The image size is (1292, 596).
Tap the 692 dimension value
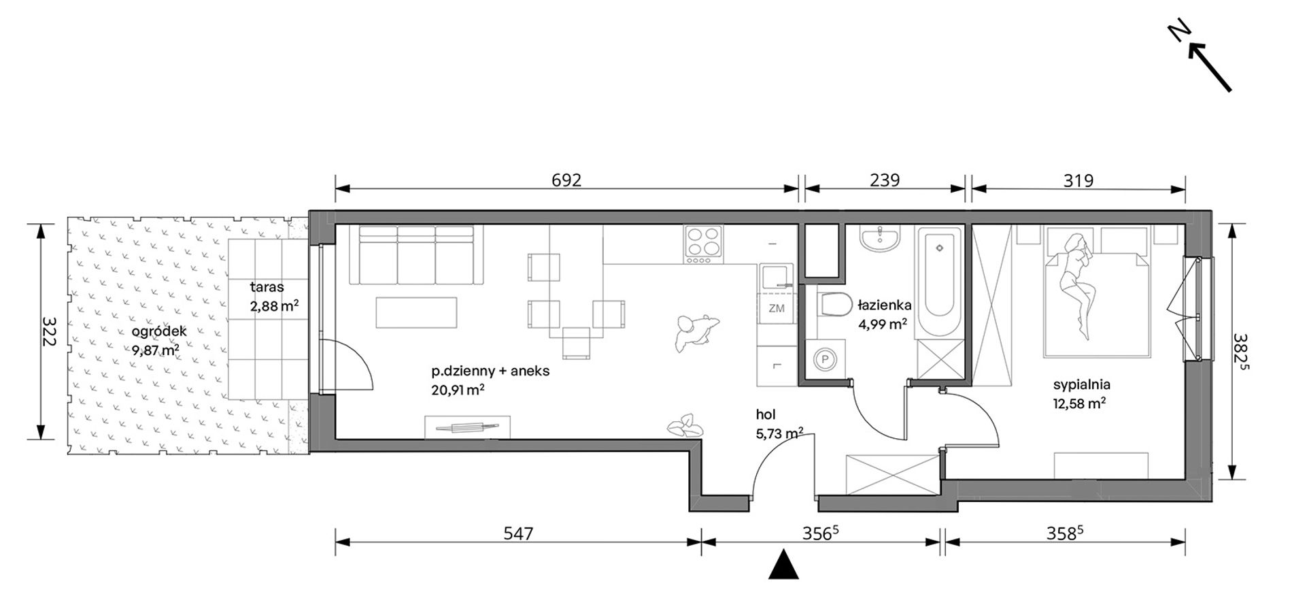[566, 180]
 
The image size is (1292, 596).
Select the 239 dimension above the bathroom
[885, 180]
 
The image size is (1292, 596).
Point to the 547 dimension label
[517, 534]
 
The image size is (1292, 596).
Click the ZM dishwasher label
[777, 308]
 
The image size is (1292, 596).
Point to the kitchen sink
[777, 279]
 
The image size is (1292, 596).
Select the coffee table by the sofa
[416, 312]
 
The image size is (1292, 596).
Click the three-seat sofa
[416, 255]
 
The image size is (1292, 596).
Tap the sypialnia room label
[1081, 384]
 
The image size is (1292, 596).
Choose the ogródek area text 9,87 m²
[156, 350]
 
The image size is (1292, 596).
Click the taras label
[267, 287]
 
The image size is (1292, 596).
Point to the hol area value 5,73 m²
[780, 433]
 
